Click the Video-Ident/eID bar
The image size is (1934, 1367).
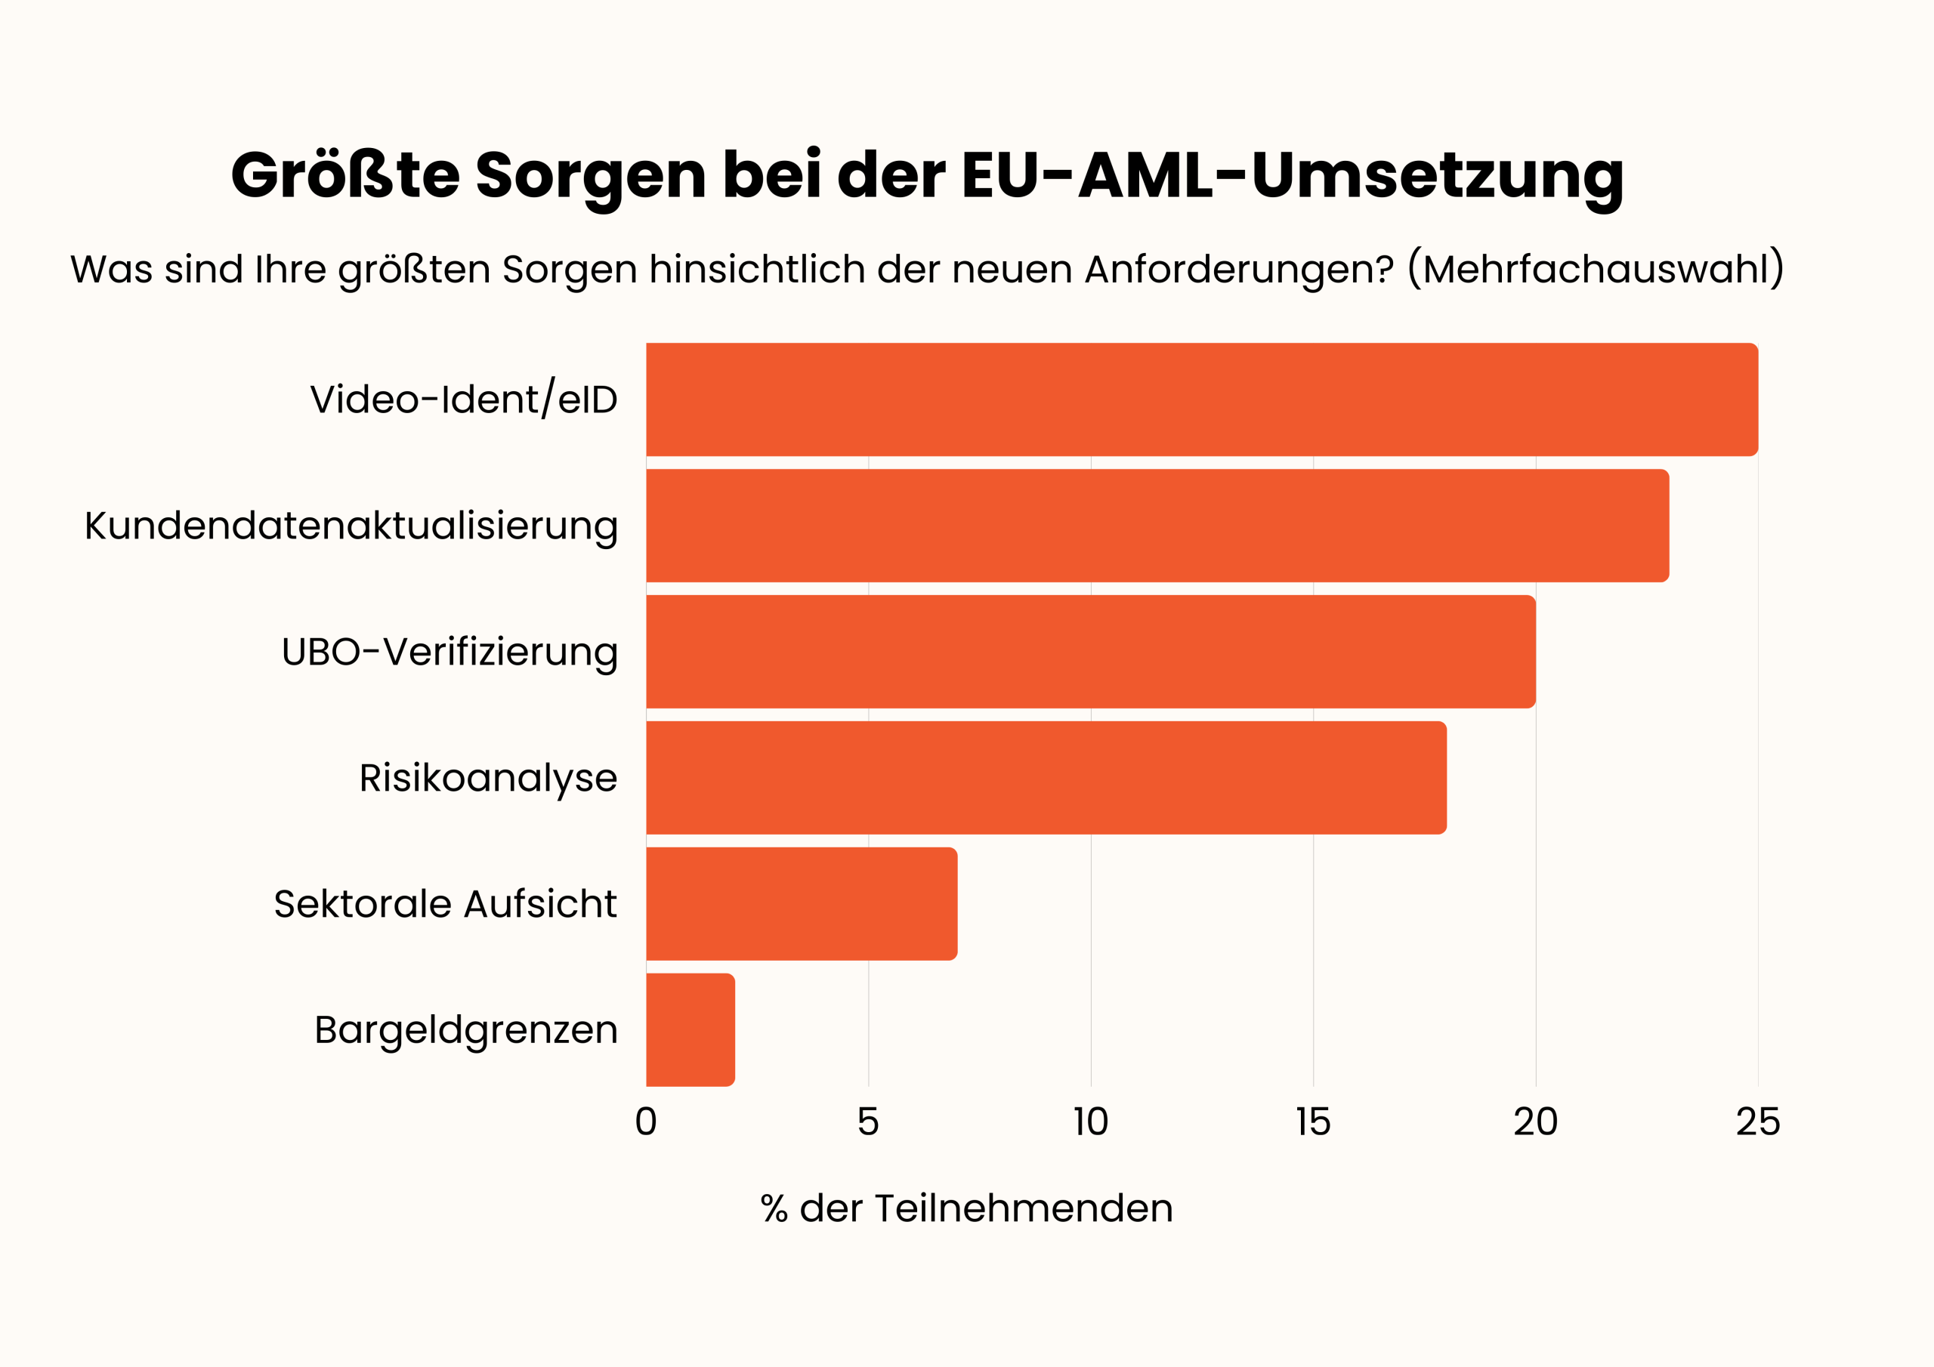(1201, 400)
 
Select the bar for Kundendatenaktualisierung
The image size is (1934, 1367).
(1157, 526)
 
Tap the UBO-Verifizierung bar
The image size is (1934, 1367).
(1090, 652)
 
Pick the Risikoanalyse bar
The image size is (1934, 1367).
(1046, 778)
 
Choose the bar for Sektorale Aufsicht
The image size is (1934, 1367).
(801, 904)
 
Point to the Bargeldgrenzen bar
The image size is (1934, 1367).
(690, 1030)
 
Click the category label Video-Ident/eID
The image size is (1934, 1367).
(463, 400)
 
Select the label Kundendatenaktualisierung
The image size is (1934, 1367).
(351, 526)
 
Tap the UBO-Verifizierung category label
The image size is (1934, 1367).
(449, 652)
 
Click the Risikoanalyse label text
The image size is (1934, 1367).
(488, 778)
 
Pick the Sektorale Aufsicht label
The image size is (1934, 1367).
(445, 904)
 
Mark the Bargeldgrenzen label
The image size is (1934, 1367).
(466, 1030)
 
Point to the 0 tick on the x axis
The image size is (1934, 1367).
(646, 1122)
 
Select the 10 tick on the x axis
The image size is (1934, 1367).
(1090, 1122)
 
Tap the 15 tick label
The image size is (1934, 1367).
(1312, 1122)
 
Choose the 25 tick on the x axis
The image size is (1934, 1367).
(1758, 1122)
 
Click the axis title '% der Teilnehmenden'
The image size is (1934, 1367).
(966, 1208)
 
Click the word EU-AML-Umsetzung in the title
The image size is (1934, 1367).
(1292, 175)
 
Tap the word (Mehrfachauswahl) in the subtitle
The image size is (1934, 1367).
(1596, 270)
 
